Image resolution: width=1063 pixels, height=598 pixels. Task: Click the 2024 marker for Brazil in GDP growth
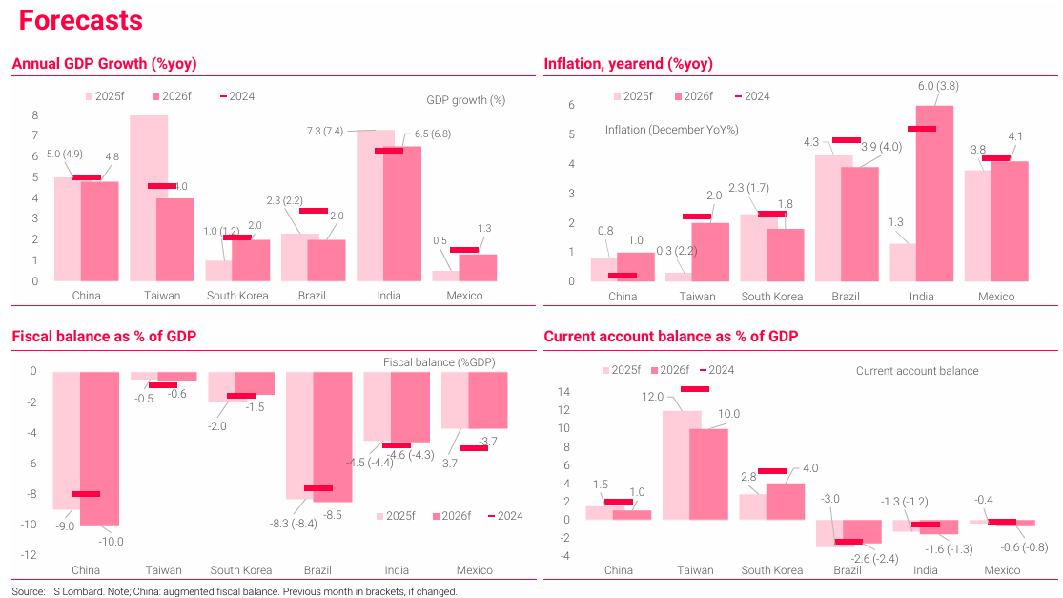tap(313, 211)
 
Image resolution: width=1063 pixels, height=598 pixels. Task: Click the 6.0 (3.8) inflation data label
tap(938, 86)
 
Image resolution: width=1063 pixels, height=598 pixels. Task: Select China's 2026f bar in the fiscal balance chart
tap(99, 447)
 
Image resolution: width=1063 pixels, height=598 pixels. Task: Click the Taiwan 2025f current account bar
tap(682, 464)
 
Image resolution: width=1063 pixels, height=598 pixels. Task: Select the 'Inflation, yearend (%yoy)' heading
tap(628, 64)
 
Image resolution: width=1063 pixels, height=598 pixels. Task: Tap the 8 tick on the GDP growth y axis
tap(34, 115)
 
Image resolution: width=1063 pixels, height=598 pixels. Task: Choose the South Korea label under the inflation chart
tap(771, 297)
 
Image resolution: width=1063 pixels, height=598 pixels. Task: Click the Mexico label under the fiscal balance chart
tap(475, 570)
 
